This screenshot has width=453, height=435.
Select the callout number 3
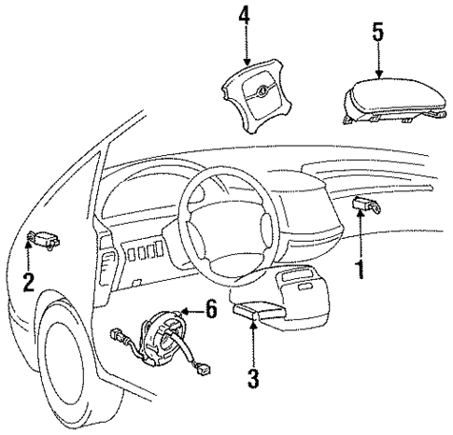(253, 379)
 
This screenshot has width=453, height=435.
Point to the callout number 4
(244, 16)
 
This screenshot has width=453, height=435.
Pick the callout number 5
(377, 32)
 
